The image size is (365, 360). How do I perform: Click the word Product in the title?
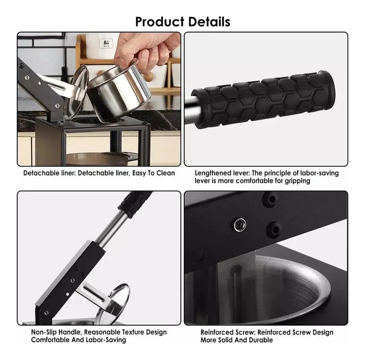pos(160,22)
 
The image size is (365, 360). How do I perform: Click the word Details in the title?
pos(209,22)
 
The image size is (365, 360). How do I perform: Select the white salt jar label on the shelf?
pos(106,43)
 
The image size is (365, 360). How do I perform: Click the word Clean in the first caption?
pos(166,173)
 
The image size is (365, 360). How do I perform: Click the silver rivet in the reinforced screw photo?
pos(240,225)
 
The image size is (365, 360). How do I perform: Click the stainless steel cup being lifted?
pos(119,90)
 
